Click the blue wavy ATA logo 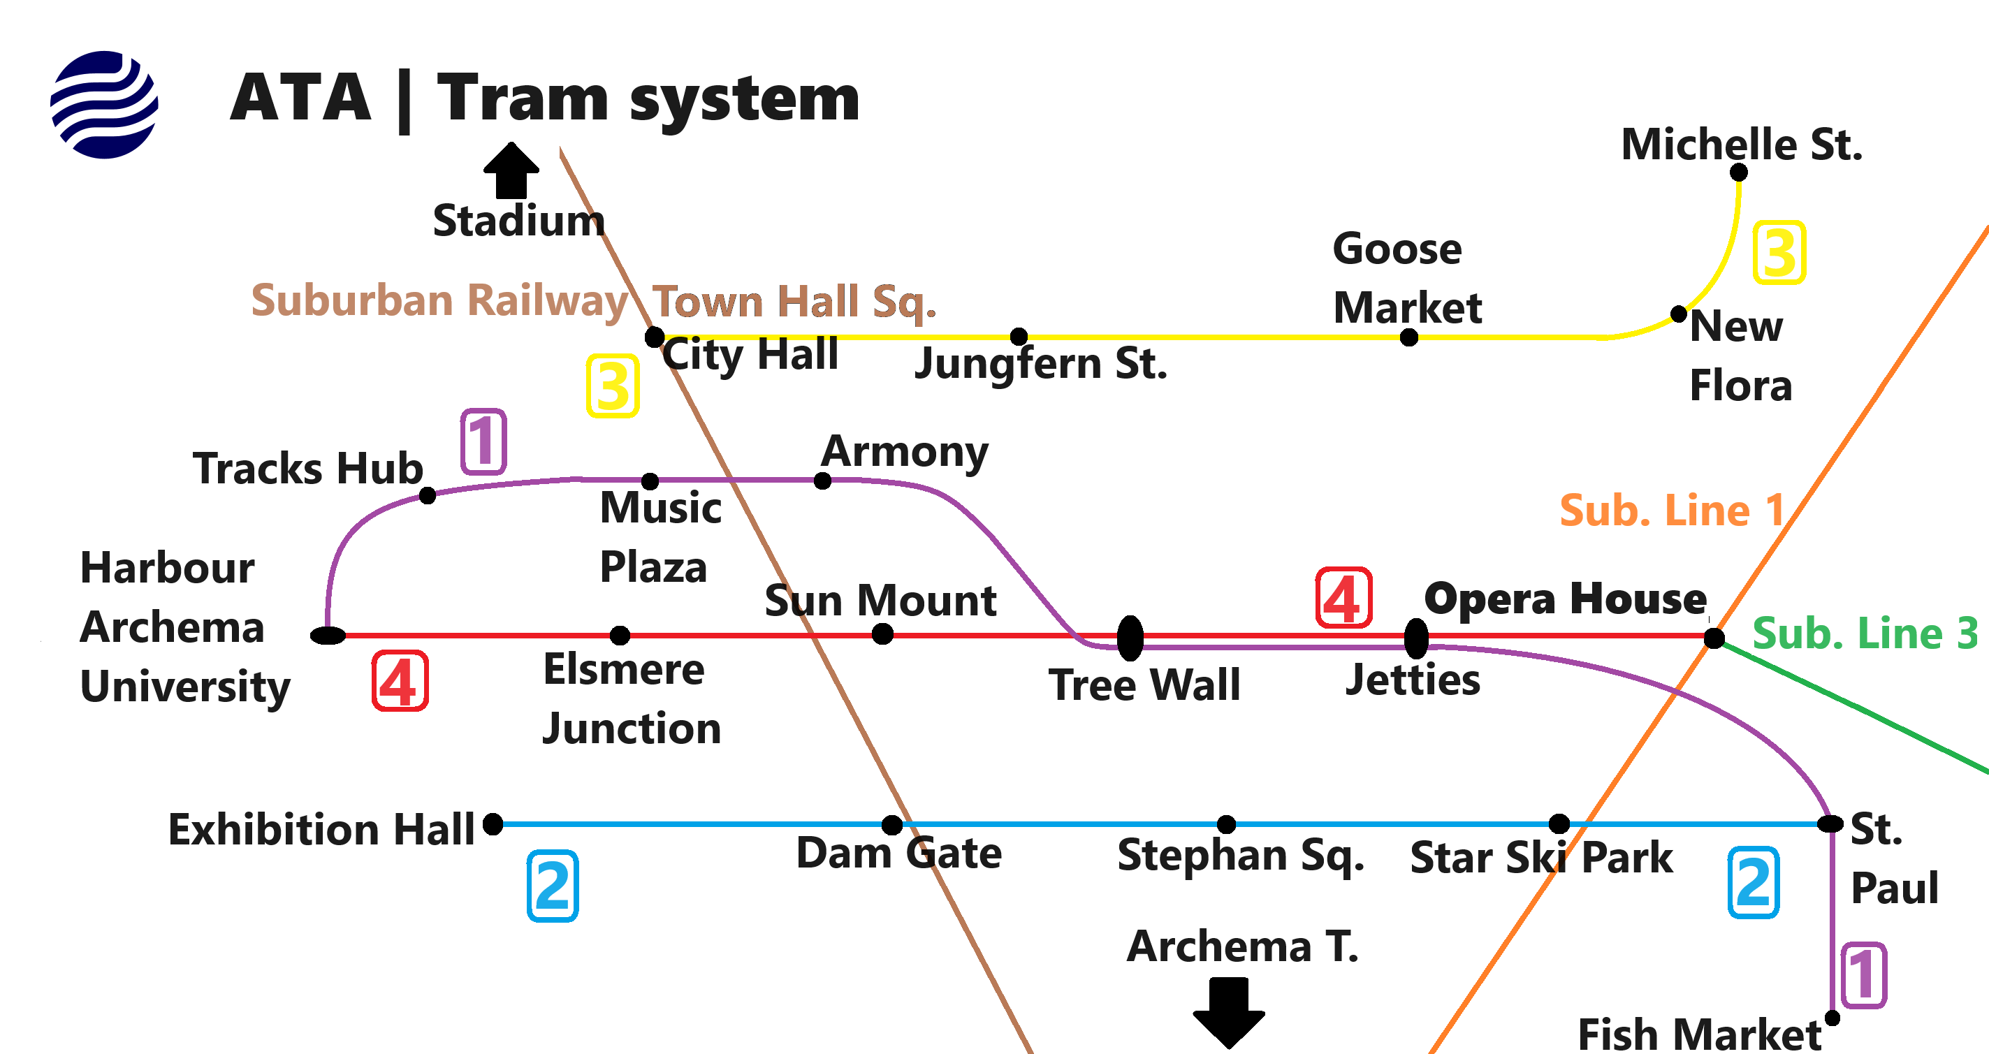point(104,104)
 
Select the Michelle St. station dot point(1739,173)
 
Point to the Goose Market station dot point(1409,337)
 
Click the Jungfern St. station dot point(1019,337)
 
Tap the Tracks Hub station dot point(428,495)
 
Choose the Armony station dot point(823,481)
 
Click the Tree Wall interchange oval point(1130,638)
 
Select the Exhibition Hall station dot point(493,824)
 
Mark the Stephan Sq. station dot point(1226,825)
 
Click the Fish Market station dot point(1833,1018)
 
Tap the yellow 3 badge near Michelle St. point(1779,252)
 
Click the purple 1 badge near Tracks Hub point(483,441)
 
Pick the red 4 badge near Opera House point(1343,599)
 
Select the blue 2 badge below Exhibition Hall point(553,886)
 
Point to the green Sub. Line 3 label point(1865,634)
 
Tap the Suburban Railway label point(439,300)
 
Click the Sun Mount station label point(880,600)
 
